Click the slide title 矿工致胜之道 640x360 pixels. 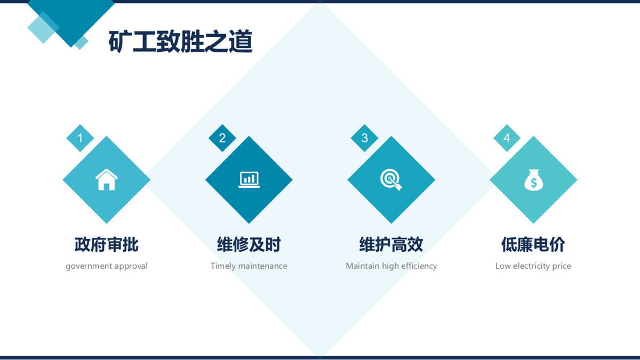pos(180,42)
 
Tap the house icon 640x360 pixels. pos(107,180)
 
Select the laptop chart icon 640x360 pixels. pos(249,180)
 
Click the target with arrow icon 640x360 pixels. pos(391,180)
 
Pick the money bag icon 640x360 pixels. pos(533,180)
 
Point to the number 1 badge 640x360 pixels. pos(80,138)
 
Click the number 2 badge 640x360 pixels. pos(222,138)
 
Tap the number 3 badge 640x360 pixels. pos(364,138)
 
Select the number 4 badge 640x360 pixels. pos(507,138)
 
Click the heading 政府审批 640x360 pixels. pos(107,244)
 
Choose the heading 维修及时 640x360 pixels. pos(249,244)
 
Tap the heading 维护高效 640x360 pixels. pos(391,244)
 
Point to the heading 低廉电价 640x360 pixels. pos(533,244)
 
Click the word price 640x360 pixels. pos(562,266)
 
